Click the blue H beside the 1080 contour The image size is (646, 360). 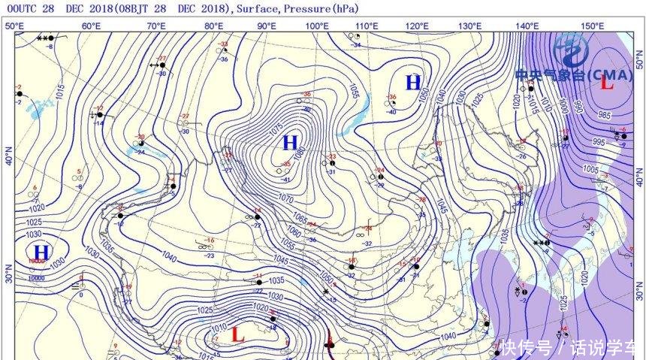(x=290, y=142)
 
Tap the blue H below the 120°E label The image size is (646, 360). (x=413, y=83)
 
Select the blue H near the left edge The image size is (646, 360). (x=41, y=251)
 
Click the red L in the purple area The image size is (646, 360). (x=607, y=83)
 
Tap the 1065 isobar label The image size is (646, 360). (x=299, y=217)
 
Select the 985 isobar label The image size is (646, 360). (x=604, y=115)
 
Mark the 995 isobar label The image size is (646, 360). (x=599, y=142)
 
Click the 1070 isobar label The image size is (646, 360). (x=285, y=198)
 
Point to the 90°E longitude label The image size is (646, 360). (x=266, y=26)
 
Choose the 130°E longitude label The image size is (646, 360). (x=470, y=26)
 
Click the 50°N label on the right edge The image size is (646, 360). (x=638, y=55)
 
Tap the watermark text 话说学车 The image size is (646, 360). (x=605, y=348)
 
